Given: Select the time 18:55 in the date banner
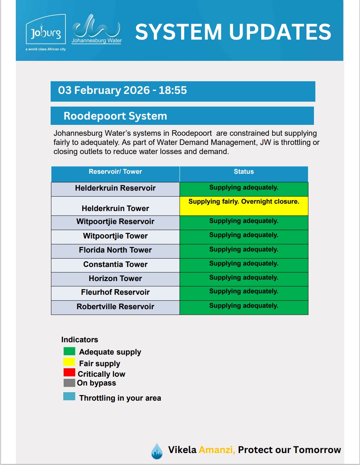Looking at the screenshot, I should point(173,90).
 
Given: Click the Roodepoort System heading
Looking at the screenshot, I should point(115,116).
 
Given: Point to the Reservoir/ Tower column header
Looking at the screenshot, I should point(115,172).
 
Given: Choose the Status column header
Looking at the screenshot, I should point(244,172).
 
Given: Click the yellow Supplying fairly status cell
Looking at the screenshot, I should point(244,206).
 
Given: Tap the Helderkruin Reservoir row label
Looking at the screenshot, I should point(115,188).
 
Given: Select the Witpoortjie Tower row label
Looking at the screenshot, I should point(115,236).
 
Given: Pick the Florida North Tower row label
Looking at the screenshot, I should point(115,250).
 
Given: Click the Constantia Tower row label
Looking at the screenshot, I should point(115,265).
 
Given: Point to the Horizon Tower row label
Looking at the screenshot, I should point(115,279).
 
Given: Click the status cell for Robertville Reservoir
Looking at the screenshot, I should point(244,307).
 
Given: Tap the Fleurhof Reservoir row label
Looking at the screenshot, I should point(115,292).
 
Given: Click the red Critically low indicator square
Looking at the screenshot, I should point(69,372).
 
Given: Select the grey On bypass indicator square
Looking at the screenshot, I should point(69,383).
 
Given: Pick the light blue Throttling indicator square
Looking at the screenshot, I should point(69,396).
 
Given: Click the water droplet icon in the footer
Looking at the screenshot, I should point(157,451).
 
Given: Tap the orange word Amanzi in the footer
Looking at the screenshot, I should point(217,450).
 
